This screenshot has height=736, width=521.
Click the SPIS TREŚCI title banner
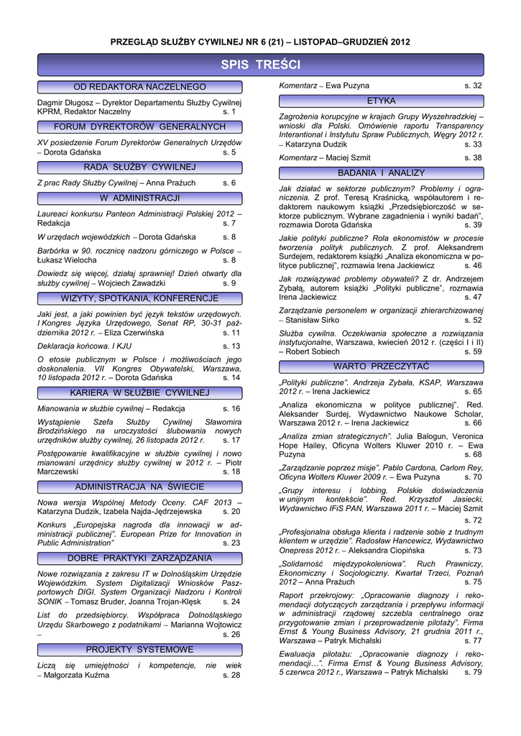pyautogui.click(x=260, y=65)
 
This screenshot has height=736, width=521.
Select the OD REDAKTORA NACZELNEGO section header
pyautogui.click(x=139, y=87)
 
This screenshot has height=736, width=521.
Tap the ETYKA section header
pyautogui.click(x=381, y=101)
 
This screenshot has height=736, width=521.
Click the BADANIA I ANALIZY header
pyautogui.click(x=381, y=173)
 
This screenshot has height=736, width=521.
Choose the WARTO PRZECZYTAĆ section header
pyautogui.click(x=381, y=367)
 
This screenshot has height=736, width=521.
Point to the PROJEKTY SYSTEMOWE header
pyautogui.click(x=139, y=650)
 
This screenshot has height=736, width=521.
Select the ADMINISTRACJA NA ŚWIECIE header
pyautogui.click(x=139, y=487)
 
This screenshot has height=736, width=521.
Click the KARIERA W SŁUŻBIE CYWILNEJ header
pyautogui.click(x=139, y=392)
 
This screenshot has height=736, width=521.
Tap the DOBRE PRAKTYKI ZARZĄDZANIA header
pyautogui.click(x=139, y=558)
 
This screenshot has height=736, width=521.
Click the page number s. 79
pyautogui.click(x=473, y=672)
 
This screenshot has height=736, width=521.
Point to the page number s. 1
pyautogui.click(x=229, y=112)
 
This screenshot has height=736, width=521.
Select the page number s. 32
pyautogui.click(x=473, y=86)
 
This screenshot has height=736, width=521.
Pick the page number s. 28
pyautogui.click(x=231, y=676)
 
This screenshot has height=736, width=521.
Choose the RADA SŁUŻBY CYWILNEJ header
pyautogui.click(x=139, y=167)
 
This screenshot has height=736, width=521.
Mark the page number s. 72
pyautogui.click(x=473, y=520)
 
